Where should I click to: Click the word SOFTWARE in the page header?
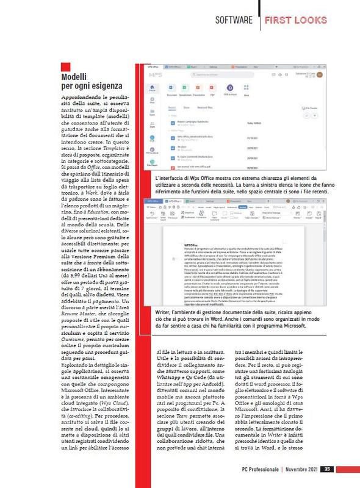point(234,20)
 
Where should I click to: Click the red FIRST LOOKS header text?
point(296,20)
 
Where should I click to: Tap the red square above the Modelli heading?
point(66,66)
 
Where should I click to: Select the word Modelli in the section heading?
point(76,77)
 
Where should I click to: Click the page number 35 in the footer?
point(327,468)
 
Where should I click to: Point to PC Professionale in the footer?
point(257,468)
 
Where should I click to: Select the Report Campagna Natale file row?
point(195,122)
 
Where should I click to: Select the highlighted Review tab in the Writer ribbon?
point(242,207)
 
